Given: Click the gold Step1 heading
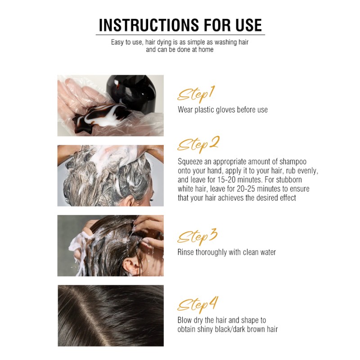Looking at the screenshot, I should pos(195,95).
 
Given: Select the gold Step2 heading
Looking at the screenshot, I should pos(198,144).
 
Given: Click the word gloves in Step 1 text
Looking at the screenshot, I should pos(226,109).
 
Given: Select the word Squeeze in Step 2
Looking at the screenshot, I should pos(190,162).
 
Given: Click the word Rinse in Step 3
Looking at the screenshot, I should pos(186,252).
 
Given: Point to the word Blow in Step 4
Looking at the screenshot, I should pos(185,320).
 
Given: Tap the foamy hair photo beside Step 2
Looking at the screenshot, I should pos(110,175).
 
